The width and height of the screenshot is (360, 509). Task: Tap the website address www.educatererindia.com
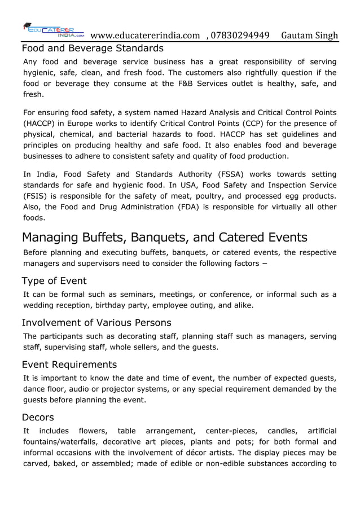145,36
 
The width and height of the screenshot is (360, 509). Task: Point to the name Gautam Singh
309,36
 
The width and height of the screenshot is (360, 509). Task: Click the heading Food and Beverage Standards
93,48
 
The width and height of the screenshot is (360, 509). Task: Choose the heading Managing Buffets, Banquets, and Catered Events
164,236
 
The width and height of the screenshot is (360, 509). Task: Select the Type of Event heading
54,281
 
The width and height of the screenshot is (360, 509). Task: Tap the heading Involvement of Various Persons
96,323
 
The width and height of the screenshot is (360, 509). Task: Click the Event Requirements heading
69,365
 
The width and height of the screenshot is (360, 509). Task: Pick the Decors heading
38,418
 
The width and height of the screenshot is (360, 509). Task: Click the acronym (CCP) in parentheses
253,124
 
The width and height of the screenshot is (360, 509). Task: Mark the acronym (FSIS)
35,196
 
